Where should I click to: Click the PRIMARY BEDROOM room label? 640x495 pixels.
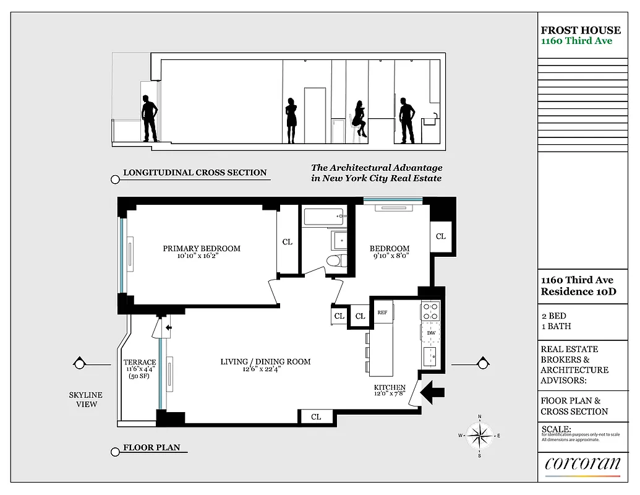pyautogui.click(x=202, y=249)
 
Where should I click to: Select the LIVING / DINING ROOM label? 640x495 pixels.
pyautogui.click(x=265, y=362)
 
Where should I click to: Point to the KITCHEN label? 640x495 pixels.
pyautogui.click(x=389, y=388)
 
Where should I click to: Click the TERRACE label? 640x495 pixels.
pyautogui.click(x=140, y=363)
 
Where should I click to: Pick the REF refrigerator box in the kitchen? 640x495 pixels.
pyautogui.click(x=382, y=313)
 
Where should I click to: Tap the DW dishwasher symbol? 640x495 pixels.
pyautogui.click(x=431, y=333)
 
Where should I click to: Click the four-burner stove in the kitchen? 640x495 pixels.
pyautogui.click(x=431, y=311)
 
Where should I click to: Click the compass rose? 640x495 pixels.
pyautogui.click(x=479, y=436)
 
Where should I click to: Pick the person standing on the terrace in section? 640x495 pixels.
pyautogui.click(x=149, y=118)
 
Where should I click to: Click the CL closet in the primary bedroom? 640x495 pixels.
pyautogui.click(x=288, y=242)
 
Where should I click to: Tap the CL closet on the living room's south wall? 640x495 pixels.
pyautogui.click(x=316, y=417)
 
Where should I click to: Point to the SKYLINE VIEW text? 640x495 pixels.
pyautogui.click(x=86, y=400)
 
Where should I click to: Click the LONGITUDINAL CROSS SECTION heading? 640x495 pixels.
pyautogui.click(x=195, y=173)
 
